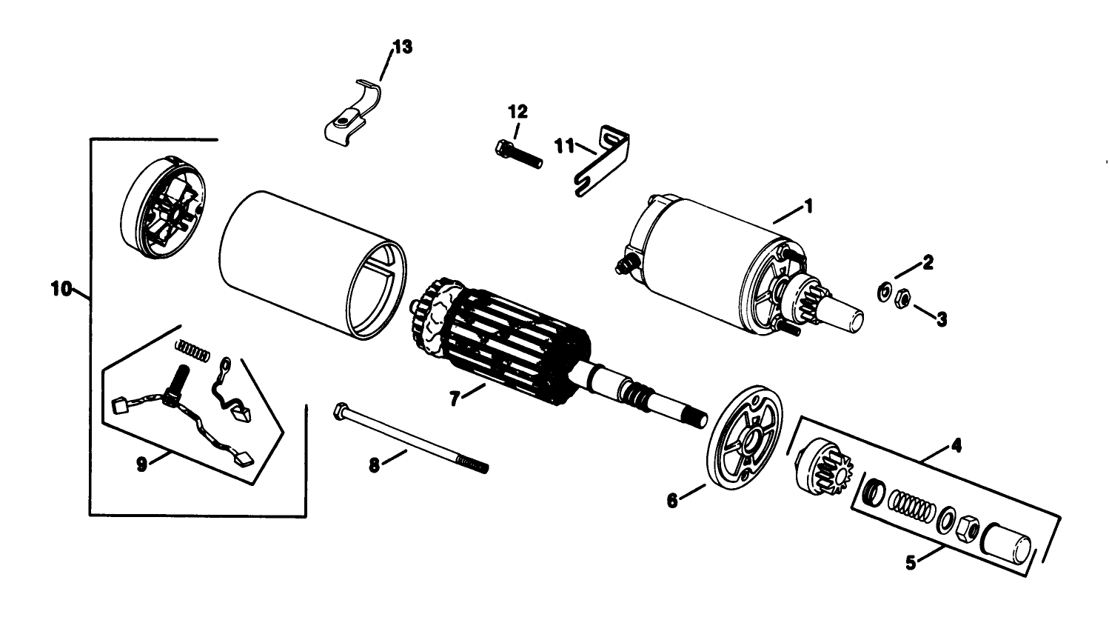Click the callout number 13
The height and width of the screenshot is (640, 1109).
(403, 47)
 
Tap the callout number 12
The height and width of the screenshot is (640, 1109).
(517, 112)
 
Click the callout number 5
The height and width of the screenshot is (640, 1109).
(911, 562)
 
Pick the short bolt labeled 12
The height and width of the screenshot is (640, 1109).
(517, 154)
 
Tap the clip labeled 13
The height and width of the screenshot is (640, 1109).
(348, 115)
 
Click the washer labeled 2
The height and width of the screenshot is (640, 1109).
(884, 292)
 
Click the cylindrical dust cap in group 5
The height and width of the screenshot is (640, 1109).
(1005, 547)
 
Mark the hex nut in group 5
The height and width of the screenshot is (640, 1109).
(966, 530)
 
